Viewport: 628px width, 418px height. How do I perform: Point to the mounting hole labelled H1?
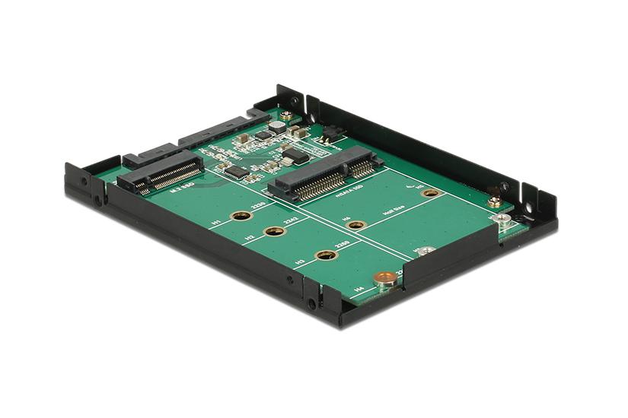tap(242, 216)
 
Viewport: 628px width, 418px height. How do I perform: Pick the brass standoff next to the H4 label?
tap(387, 279)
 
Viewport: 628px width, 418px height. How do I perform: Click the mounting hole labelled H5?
tap(431, 193)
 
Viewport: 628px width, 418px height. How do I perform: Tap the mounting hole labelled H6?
tap(357, 225)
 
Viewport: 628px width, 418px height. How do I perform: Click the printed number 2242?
tap(290, 222)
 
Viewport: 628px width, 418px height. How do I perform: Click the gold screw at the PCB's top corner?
tap(286, 116)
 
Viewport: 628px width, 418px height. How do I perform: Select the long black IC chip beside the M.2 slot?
tap(237, 172)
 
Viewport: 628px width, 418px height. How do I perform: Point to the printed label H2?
tap(250, 238)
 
